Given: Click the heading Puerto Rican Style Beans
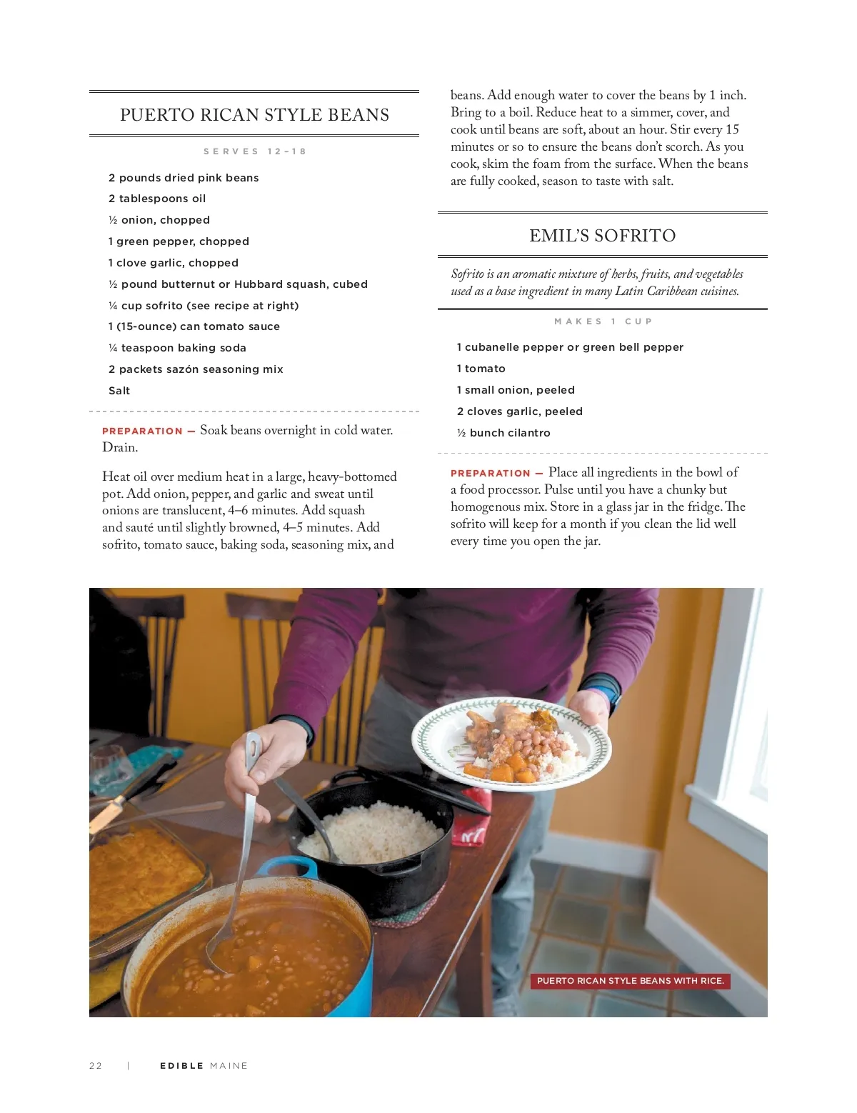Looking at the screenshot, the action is pos(254,115).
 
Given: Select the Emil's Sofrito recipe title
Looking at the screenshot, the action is pos(602,236).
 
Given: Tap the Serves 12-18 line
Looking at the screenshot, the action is pos(255,151).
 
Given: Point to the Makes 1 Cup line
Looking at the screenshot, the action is pos(603,321).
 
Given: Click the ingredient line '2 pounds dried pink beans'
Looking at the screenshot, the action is pos(184,178).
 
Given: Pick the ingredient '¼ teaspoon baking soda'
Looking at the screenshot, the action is pos(177,348).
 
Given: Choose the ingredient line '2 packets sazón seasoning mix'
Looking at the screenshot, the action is pos(196,369).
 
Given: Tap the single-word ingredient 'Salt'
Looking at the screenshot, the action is pos(119,391).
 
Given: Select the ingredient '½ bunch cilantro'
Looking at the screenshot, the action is pos(503,433).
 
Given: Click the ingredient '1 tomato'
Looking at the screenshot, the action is pos(481,369).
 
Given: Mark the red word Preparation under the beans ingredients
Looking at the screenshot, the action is pos(142,431).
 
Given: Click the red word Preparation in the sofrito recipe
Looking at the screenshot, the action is pos(491,473).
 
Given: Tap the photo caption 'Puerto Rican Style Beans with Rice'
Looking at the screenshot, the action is pos(630,980).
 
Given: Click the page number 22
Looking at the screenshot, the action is pos(96,1065).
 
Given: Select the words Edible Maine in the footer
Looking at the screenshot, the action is pos(204,1065).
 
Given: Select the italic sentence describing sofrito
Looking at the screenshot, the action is pos(597,282).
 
